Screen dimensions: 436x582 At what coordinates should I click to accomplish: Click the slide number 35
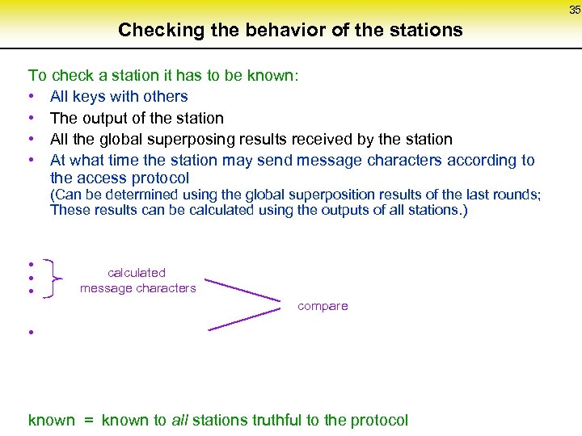[575, 10]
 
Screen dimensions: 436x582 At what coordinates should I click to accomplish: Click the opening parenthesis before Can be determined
[53, 195]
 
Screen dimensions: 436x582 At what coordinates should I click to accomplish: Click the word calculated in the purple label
[136, 273]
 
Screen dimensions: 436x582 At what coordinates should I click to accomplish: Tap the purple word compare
[323, 306]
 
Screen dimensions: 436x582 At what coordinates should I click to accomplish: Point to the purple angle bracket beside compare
[242, 306]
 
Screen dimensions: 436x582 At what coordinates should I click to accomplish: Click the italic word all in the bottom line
[179, 420]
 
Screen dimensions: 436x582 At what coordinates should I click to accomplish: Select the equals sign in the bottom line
[86, 421]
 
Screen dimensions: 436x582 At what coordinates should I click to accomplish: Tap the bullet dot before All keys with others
[31, 97]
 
